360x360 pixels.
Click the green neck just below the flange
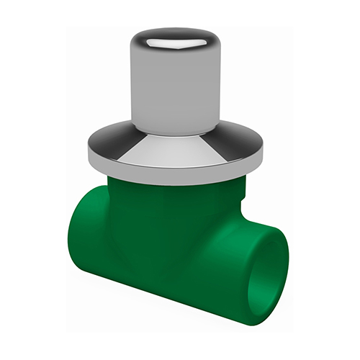click(173, 189)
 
